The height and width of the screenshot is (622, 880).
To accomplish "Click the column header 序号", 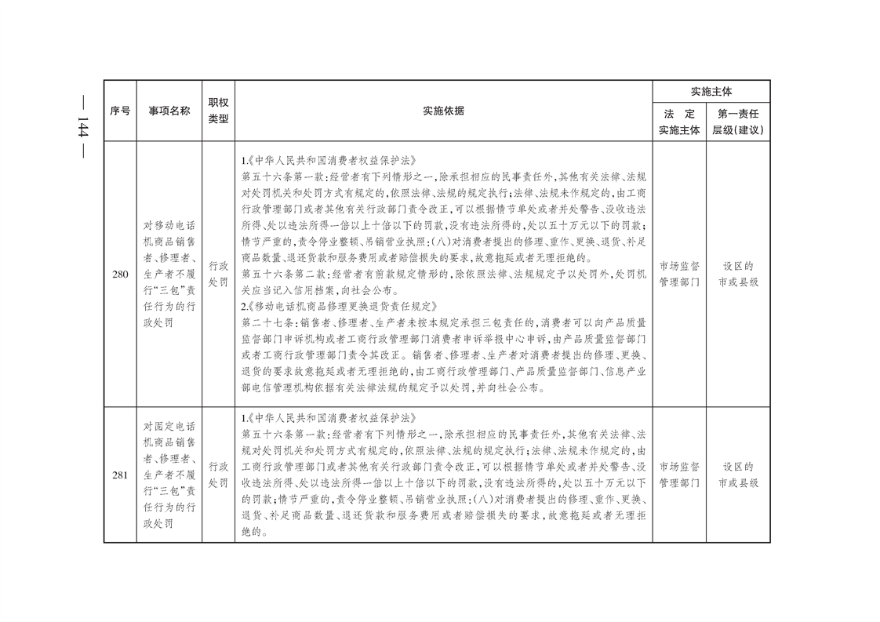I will (x=120, y=111).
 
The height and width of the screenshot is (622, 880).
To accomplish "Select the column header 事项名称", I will (x=169, y=111).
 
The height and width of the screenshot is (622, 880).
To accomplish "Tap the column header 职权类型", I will (x=218, y=111).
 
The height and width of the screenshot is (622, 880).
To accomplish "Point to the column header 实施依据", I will (x=443, y=111).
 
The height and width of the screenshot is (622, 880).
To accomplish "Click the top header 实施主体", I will (x=711, y=91).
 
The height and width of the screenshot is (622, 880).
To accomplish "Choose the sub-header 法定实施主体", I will (x=679, y=122).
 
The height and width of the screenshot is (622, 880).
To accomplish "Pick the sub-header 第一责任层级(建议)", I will (x=737, y=122).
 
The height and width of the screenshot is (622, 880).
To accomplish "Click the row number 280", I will (x=120, y=273).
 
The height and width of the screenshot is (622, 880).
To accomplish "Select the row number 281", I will (x=120, y=475).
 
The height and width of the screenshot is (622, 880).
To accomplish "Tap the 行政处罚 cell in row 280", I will (x=218, y=274).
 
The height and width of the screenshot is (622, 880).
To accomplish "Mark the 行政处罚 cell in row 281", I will (x=218, y=475).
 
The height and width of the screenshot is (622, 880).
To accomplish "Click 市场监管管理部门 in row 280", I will (x=679, y=274).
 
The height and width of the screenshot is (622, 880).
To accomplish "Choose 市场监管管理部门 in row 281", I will (x=679, y=475).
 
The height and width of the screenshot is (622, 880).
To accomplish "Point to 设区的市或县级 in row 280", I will (x=737, y=274).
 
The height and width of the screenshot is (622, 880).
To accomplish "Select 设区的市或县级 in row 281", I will (x=737, y=475).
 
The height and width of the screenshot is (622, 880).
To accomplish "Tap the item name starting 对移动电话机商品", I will (x=169, y=273).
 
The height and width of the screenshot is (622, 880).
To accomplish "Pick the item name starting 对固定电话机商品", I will (x=169, y=475).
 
